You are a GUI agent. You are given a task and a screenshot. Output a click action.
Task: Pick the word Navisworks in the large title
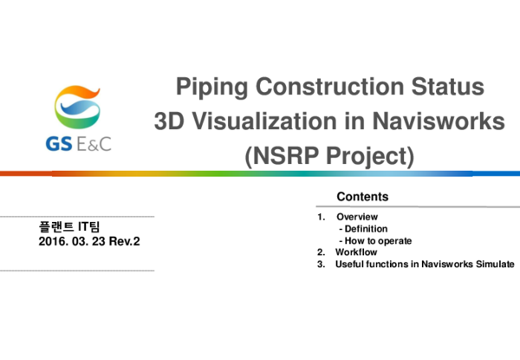(437, 122)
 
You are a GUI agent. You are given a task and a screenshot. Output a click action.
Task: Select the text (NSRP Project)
(330, 156)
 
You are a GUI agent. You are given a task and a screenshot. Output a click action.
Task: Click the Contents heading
(362, 197)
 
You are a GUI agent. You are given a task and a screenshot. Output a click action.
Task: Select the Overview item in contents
(357, 216)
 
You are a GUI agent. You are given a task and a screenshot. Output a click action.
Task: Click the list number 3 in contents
(321, 264)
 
